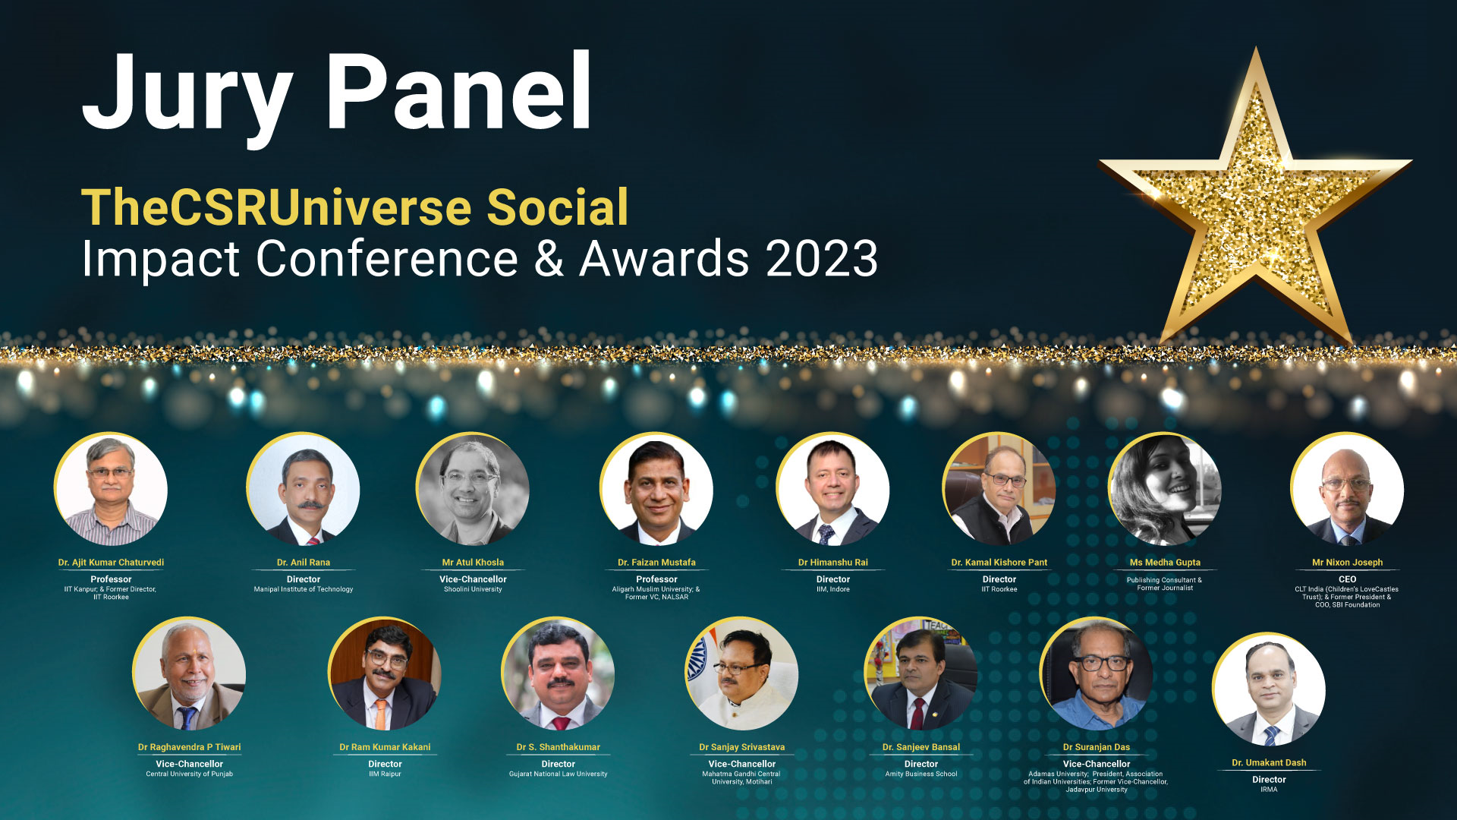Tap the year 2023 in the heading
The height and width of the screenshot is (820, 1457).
click(x=822, y=259)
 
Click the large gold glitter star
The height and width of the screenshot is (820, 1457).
click(x=1255, y=199)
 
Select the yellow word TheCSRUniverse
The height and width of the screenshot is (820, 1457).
click(x=276, y=207)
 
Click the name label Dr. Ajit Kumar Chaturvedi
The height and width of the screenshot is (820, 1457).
click(x=111, y=563)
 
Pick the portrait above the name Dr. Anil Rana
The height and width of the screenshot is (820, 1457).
click(x=304, y=490)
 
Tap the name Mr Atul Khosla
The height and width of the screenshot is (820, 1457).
click(x=473, y=563)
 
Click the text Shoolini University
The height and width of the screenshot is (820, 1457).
click(x=473, y=589)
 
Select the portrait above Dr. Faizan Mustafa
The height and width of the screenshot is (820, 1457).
click(x=656, y=490)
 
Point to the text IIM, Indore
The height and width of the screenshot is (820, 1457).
click(x=833, y=589)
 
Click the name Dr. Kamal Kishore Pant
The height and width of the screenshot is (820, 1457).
click(x=999, y=563)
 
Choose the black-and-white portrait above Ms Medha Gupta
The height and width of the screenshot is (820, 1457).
click(x=1165, y=490)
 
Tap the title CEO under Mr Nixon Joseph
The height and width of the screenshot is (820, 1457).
click(x=1348, y=579)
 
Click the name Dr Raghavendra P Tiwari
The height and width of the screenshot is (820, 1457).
click(x=190, y=747)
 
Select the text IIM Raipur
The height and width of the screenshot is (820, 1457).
click(x=385, y=774)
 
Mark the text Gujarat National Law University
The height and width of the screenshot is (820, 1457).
click(x=559, y=774)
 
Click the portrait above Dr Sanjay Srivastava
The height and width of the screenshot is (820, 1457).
click(x=741, y=674)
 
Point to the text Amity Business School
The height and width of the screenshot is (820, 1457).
click(x=921, y=774)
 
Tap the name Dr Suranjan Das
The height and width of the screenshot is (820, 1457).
click(x=1097, y=747)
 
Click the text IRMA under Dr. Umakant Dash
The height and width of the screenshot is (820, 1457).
click(x=1269, y=790)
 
